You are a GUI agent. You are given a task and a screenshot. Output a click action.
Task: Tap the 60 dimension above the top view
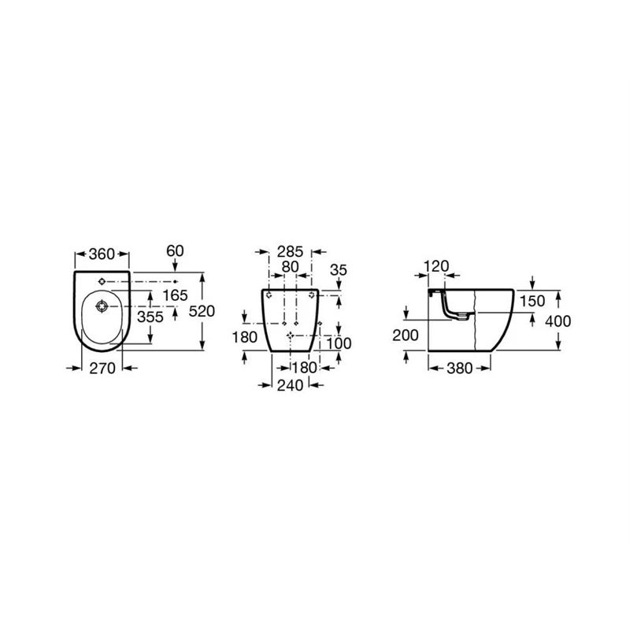pos(175,250)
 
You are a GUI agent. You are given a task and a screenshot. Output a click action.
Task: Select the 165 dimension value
pos(174,295)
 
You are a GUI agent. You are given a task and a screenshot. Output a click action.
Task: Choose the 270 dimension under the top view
pos(103,368)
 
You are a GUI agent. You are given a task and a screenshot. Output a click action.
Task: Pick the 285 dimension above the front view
pos(290,252)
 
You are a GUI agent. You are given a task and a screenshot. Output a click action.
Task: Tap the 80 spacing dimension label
pos(290,267)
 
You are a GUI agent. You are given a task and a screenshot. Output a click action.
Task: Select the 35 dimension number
pos(339,269)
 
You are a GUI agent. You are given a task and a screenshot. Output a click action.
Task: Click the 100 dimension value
pos(339,344)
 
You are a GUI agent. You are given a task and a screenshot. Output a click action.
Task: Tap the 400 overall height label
pos(558,321)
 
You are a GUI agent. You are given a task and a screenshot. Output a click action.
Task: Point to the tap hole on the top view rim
pos(102,281)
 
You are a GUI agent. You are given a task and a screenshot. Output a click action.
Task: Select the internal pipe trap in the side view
pos(452,308)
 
